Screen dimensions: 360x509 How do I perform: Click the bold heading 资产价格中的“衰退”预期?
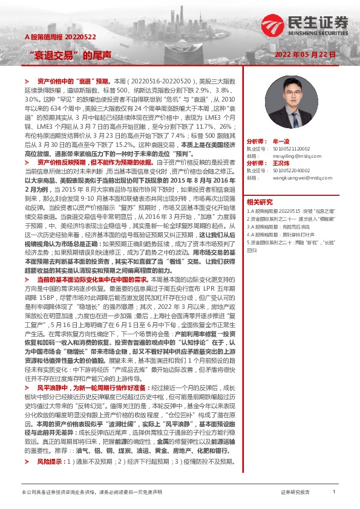[73, 80]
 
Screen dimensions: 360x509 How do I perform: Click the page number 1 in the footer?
[333, 493]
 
